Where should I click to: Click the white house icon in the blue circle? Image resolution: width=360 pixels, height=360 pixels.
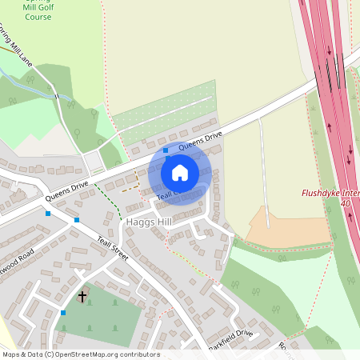pyautogui.click(x=180, y=173)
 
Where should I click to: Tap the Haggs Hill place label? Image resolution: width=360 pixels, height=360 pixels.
pyautogui.click(x=148, y=221)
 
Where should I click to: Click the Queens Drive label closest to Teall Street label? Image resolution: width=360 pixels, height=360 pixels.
pyautogui.click(x=66, y=191)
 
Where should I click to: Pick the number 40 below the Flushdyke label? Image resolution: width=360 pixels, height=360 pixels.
pyautogui.click(x=346, y=204)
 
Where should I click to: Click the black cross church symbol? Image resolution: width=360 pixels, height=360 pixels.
pyautogui.click(x=82, y=297)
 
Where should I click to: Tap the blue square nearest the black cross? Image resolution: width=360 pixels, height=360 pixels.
pyautogui.click(x=63, y=312)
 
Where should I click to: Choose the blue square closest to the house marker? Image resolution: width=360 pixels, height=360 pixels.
pyautogui.click(x=166, y=150)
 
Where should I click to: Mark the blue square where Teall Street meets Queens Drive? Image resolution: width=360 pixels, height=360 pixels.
pyautogui.click(x=77, y=220)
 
